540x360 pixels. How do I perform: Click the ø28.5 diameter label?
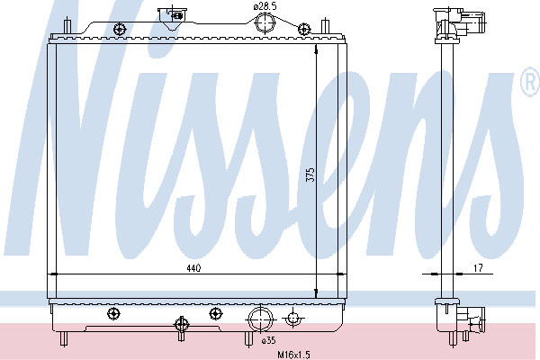click(265, 6)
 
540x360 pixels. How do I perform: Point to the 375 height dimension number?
click(310, 175)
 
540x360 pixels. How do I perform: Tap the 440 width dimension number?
click(193, 268)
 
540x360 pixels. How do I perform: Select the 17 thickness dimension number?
click(479, 267)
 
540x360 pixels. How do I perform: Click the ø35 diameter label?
click(268, 341)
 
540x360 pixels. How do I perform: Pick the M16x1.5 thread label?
click(294, 354)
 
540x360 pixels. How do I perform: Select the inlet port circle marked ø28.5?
click(265, 22)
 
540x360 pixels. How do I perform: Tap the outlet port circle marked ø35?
click(260, 319)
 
